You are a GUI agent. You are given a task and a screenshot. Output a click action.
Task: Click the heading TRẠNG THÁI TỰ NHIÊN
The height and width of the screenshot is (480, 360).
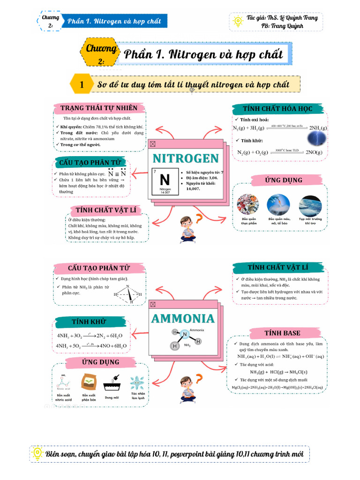tap(99, 108)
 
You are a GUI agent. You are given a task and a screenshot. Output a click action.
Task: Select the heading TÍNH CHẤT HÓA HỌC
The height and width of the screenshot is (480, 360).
tap(277, 109)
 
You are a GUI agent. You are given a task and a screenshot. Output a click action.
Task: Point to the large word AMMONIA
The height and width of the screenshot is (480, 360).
tap(183, 318)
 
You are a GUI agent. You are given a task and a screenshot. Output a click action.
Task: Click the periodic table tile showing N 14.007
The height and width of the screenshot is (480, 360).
tap(165, 182)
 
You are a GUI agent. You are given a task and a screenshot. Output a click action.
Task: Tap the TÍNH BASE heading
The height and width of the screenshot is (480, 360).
tap(282, 333)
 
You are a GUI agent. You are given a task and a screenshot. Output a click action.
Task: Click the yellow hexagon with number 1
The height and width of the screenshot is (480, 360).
tap(82, 85)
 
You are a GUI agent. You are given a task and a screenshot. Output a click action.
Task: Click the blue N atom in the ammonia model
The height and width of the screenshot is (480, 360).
tap(185, 334)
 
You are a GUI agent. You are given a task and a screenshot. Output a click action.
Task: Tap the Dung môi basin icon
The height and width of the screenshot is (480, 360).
tap(111, 385)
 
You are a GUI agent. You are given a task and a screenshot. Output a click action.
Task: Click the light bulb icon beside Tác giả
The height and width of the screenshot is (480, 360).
tap(238, 19)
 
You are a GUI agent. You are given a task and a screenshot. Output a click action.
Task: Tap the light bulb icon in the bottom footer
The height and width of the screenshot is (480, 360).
tap(37, 453)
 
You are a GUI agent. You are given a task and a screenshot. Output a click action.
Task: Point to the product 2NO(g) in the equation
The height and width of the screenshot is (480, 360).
tap(314, 152)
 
